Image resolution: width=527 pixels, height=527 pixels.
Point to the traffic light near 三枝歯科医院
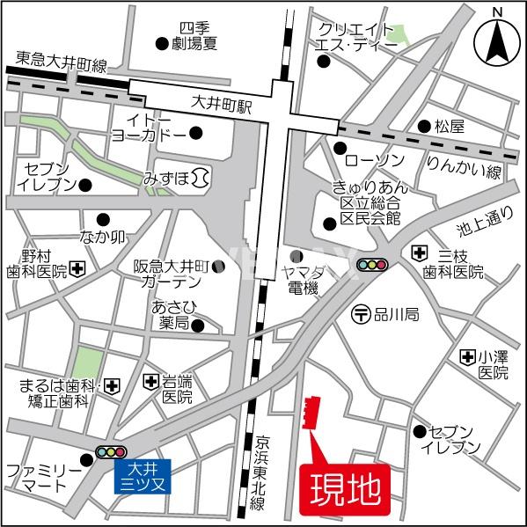pyautogui.click(x=373, y=264)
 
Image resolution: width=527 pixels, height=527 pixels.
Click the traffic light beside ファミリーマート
pyautogui.click(x=111, y=452)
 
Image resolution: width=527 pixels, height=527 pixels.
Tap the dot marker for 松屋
pyautogui.click(x=424, y=126)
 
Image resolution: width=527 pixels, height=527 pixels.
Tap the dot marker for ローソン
pyautogui.click(x=340, y=147)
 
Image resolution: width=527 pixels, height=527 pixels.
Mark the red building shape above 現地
pyautogui.click(x=311, y=414)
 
